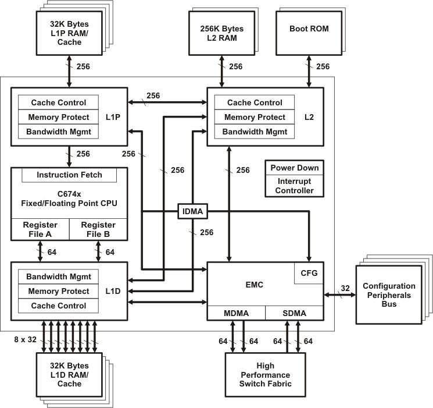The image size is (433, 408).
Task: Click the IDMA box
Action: click(x=192, y=211)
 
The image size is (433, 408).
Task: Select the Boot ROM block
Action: click(x=307, y=29)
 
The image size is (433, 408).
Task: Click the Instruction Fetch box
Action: click(x=69, y=175)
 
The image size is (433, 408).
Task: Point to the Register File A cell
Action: click(x=40, y=229)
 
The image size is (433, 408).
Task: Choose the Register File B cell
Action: click(x=98, y=229)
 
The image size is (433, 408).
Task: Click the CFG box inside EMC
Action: click(x=309, y=273)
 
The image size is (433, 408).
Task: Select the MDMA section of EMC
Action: click(x=236, y=313)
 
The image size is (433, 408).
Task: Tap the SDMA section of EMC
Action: click(x=294, y=313)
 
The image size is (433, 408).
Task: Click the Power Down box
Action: click(x=295, y=168)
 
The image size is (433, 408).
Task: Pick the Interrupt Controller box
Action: click(x=295, y=186)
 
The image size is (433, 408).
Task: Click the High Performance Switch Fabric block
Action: click(x=265, y=374)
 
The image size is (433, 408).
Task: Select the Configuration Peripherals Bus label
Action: click(x=389, y=295)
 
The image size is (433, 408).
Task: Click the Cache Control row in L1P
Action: click(x=58, y=102)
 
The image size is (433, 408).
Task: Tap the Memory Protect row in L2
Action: click(x=255, y=117)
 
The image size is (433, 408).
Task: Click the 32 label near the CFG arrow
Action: click(x=345, y=288)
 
